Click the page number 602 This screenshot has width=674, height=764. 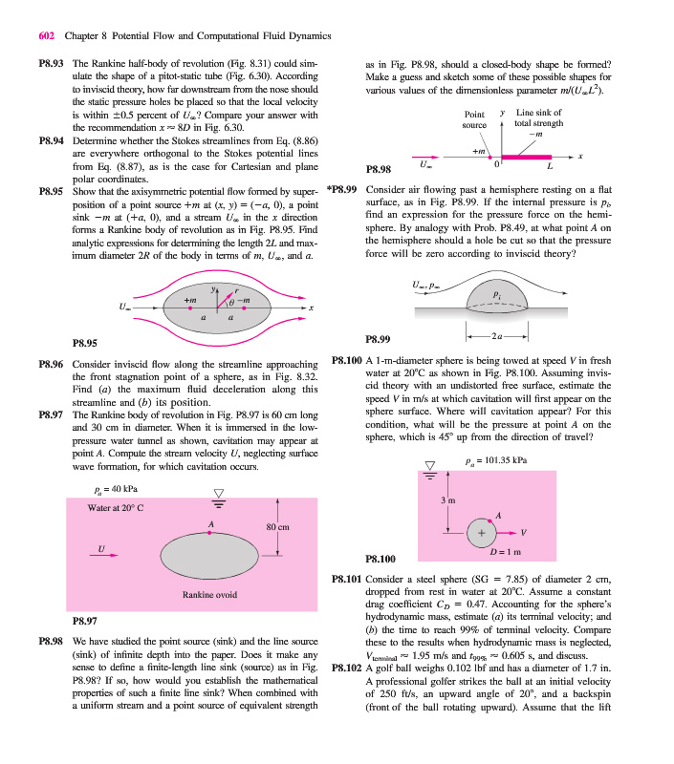pos(46,36)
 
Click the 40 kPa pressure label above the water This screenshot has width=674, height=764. pos(103,491)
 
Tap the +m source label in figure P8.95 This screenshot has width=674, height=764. pos(190,302)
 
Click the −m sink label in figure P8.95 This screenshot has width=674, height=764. pos(244,302)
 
